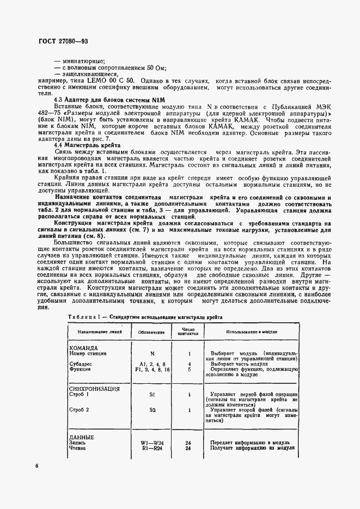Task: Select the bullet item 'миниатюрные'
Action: pos(82,60)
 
